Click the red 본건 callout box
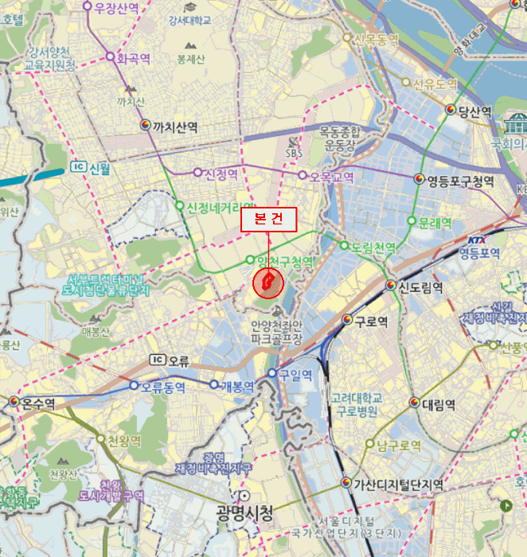pos(268,220)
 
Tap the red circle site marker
pos(267,282)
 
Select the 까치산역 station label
pos(175,127)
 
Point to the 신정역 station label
pos(222,173)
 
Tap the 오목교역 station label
pos(331,177)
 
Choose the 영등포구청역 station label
pos(460,181)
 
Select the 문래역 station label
pos(435,222)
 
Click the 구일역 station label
pos(295,373)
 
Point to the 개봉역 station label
pos(237,387)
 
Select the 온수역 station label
pos(38,403)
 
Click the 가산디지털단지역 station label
pos(399,484)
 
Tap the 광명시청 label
pos(244,512)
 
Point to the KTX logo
pos(477,240)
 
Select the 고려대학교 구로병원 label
pos(357,405)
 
